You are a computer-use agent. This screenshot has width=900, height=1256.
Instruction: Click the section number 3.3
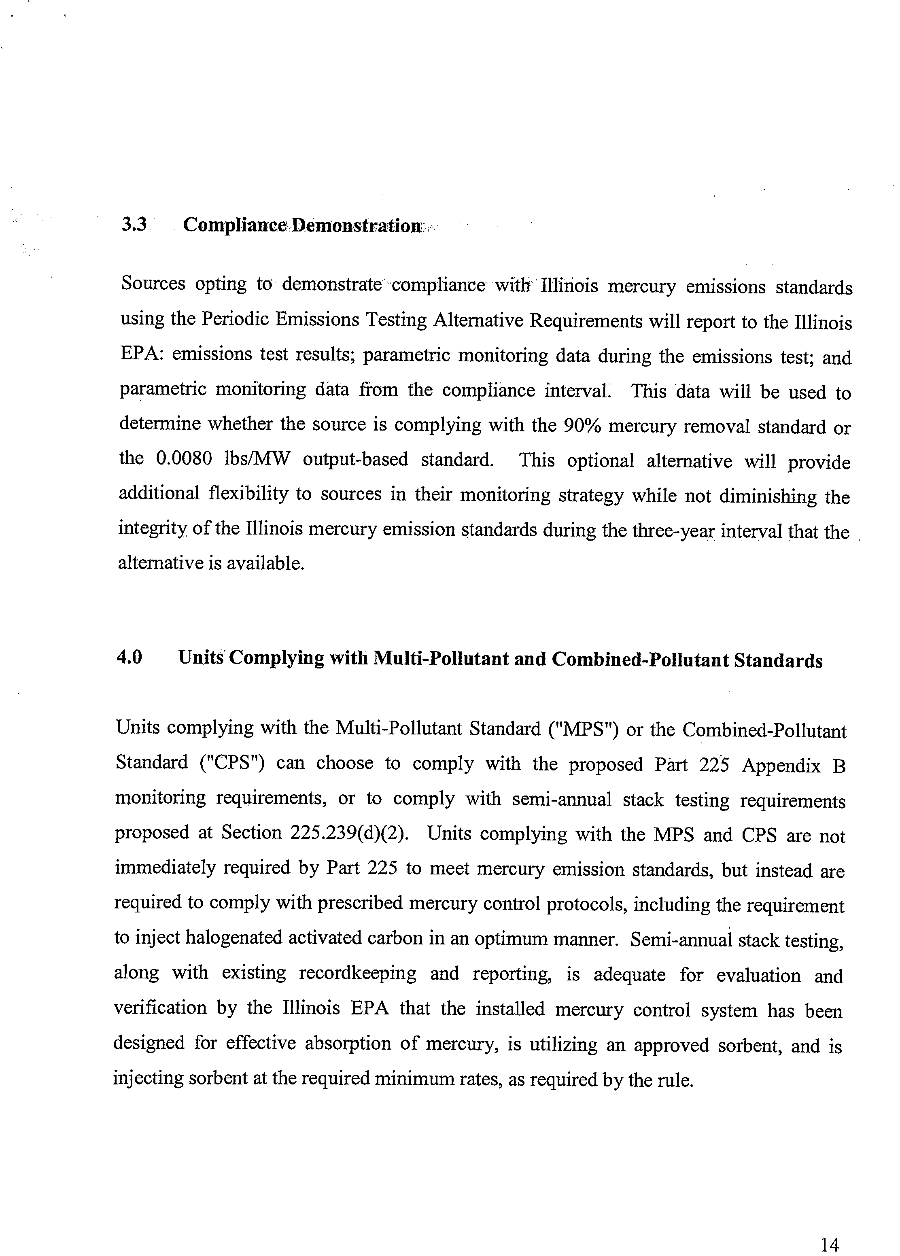134,224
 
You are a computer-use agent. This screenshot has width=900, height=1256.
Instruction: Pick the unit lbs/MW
257,460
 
